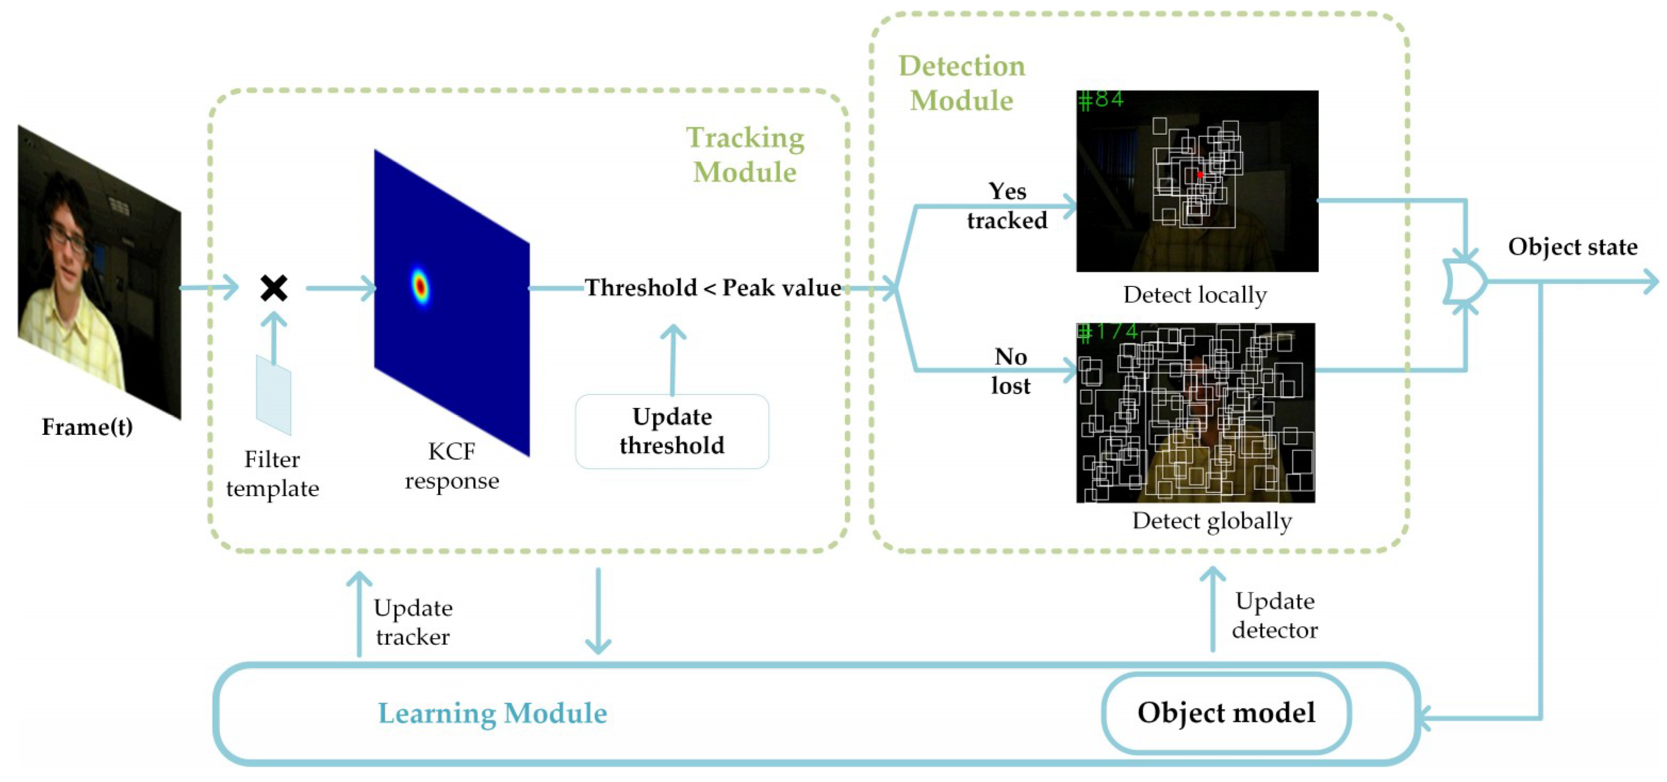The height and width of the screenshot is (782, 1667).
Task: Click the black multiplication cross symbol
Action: click(x=274, y=288)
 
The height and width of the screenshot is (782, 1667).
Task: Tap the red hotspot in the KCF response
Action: click(x=420, y=285)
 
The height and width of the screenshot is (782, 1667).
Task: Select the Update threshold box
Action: click(x=672, y=431)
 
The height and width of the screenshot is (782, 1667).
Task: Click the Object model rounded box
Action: click(x=1226, y=713)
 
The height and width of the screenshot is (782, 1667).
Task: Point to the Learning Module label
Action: click(x=492, y=713)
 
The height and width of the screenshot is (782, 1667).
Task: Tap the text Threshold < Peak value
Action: click(x=713, y=287)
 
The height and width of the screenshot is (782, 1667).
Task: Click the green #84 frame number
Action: click(x=1101, y=100)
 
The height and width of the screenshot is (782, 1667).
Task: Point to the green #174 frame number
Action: click(x=1107, y=332)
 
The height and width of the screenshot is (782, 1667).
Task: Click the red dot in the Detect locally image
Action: click(x=1200, y=175)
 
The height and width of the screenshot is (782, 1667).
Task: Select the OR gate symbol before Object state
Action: click(x=1464, y=282)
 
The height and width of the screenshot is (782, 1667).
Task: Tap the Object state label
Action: click(x=1572, y=246)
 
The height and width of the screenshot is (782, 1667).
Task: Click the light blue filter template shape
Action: click(x=274, y=395)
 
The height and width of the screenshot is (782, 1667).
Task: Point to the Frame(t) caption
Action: click(x=87, y=426)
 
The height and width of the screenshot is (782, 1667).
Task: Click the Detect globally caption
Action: click(x=1211, y=521)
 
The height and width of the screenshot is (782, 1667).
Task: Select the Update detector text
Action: click(x=1274, y=615)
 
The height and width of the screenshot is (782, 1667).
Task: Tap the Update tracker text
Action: click(x=413, y=622)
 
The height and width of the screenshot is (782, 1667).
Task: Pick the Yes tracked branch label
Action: click(x=1007, y=206)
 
